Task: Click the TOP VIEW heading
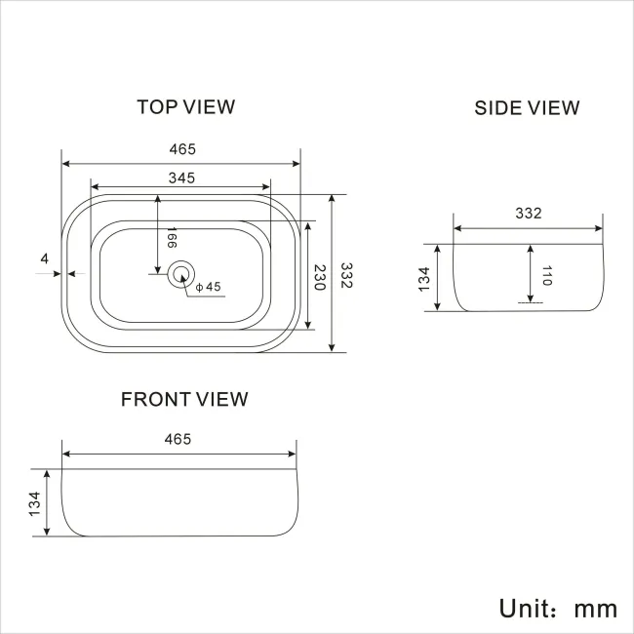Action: (x=185, y=106)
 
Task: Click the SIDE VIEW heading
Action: (x=527, y=107)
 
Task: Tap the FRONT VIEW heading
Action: (x=184, y=399)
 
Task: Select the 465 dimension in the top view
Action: (x=182, y=149)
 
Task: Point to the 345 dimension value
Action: (x=182, y=178)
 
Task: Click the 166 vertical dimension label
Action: (x=171, y=240)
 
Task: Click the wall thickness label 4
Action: (x=45, y=258)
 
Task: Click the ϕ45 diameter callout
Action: (x=209, y=288)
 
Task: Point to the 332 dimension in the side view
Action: (x=528, y=213)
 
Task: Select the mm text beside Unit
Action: (x=595, y=609)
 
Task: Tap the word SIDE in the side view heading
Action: (x=496, y=107)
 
